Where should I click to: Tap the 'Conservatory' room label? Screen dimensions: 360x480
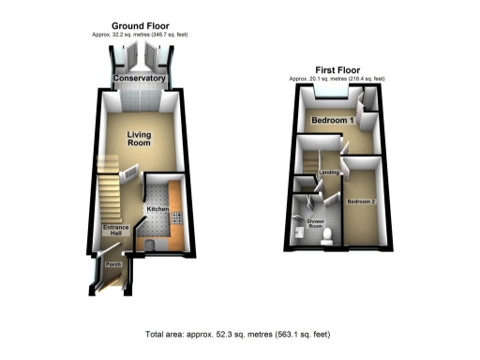click(x=139, y=80)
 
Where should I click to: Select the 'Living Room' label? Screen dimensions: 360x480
click(x=139, y=140)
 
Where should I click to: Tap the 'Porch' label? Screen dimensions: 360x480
click(x=113, y=265)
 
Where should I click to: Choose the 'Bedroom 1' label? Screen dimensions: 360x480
click(x=331, y=121)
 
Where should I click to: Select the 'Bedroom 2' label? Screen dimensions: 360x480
click(x=359, y=202)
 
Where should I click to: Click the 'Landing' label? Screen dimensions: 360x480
click(x=328, y=172)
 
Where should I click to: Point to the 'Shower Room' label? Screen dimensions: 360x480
click(x=315, y=224)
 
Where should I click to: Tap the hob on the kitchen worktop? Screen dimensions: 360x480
click(x=175, y=221)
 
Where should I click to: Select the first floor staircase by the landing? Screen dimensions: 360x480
click(x=307, y=167)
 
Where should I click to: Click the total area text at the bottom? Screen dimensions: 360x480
click(x=238, y=335)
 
